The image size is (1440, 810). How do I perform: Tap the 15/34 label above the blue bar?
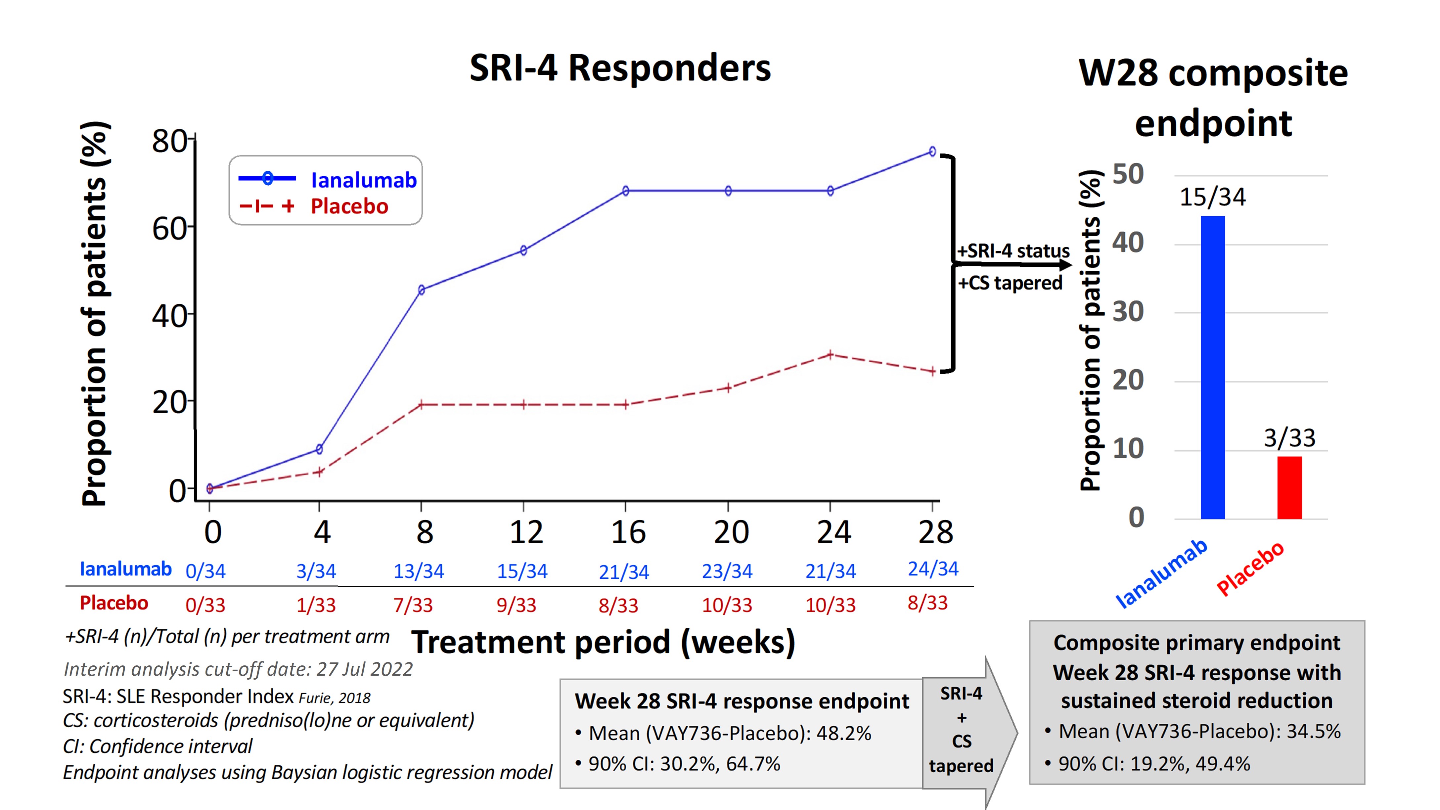point(1212,197)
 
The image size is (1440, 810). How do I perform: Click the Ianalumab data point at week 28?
point(932,152)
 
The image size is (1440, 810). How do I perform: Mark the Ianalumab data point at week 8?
point(422,290)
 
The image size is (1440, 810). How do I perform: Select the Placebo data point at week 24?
point(830,354)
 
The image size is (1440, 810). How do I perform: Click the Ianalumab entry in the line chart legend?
point(363,180)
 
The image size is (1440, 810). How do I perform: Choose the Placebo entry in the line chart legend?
point(349,206)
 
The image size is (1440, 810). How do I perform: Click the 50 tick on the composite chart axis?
point(1128,174)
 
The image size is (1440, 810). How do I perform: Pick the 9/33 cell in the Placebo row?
point(516,605)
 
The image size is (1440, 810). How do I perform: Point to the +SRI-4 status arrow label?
point(1013,251)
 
